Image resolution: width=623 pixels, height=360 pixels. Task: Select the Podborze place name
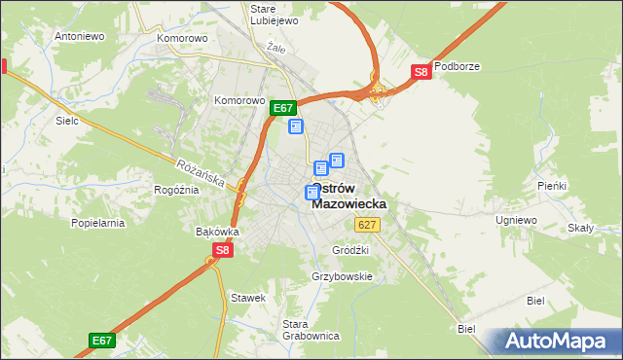(458, 67)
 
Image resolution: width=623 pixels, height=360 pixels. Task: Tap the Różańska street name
(202, 174)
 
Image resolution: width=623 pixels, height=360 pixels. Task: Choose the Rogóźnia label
(176, 190)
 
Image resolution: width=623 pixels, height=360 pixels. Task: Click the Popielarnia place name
(98, 223)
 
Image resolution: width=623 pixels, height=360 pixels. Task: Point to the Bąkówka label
(217, 232)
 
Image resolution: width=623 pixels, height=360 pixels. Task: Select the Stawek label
(247, 297)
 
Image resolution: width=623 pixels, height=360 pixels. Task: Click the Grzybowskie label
(342, 276)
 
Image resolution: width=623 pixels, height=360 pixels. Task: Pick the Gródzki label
(351, 249)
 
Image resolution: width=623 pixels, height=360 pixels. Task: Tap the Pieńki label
(552, 185)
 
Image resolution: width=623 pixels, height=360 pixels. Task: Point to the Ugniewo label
(516, 221)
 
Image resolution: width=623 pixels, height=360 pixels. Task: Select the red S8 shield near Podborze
(421, 72)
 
